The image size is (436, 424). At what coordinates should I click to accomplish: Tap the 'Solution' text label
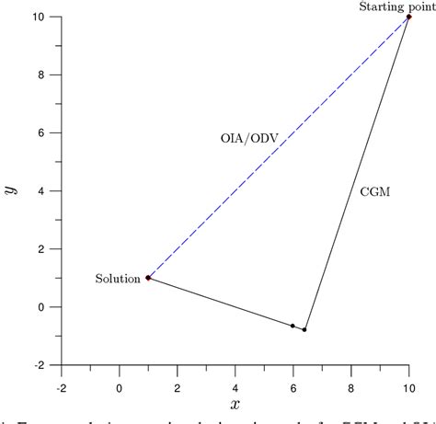[x=117, y=278]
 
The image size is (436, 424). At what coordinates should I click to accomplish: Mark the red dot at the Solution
[x=148, y=278]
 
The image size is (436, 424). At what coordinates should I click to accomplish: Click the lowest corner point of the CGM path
[x=304, y=329]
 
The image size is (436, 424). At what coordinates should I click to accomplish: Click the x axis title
[x=235, y=405]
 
